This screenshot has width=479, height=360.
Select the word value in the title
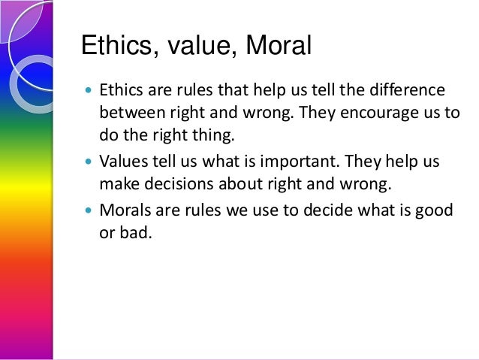point(191,47)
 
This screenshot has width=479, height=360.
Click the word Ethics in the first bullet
point(120,92)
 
